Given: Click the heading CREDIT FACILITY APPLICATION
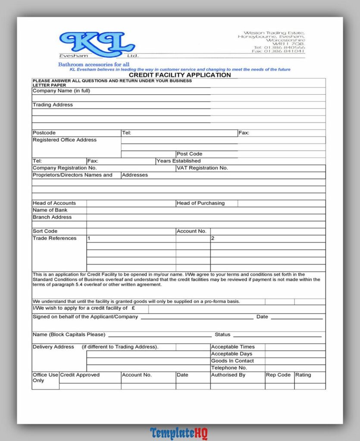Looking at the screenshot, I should coord(180,75).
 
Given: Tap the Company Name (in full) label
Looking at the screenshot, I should coord(61,91).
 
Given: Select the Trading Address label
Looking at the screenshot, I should coord(53,105).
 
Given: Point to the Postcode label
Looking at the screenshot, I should coord(44,133).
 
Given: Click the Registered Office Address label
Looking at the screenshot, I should coord(65,140).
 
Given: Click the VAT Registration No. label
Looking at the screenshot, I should coord(202,168).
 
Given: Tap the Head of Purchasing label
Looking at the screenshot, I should coord(200,203).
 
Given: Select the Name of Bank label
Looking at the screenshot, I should coord(50,210).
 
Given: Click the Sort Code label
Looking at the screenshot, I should coord(45,231).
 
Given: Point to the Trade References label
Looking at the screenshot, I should coord(54,238).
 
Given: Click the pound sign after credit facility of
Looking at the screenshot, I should coord(134,308).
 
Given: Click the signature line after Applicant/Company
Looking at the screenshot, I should coord(197,318).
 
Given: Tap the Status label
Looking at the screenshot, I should coord(222,335).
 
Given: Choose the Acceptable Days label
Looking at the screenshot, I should coord(232,354).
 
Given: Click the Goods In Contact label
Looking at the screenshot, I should coord(232,361).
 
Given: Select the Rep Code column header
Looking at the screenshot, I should coord(278,375).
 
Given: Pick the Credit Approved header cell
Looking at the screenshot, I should coord(80,375).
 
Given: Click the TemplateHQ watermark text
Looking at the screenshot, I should coord(179,433).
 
